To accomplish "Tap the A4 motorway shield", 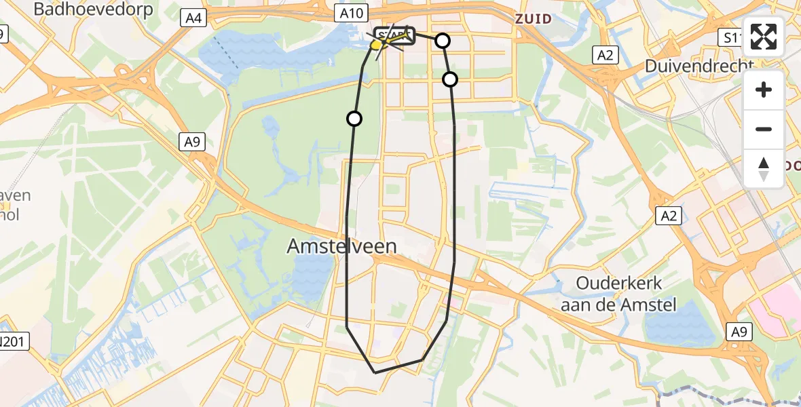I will (193, 19).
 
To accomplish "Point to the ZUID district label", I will (533, 18).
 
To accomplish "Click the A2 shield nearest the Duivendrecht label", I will (606, 56).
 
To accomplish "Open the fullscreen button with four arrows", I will (764, 37).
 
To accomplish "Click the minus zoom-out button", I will (764, 129).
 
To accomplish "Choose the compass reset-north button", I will (764, 168).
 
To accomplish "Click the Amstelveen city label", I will (342, 246).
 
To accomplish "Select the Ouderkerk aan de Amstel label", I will (618, 294).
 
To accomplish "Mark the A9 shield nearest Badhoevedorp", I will (191, 142).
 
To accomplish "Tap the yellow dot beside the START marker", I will (376, 45).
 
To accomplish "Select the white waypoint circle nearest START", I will (442, 41).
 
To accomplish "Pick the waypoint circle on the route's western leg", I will (354, 119).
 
